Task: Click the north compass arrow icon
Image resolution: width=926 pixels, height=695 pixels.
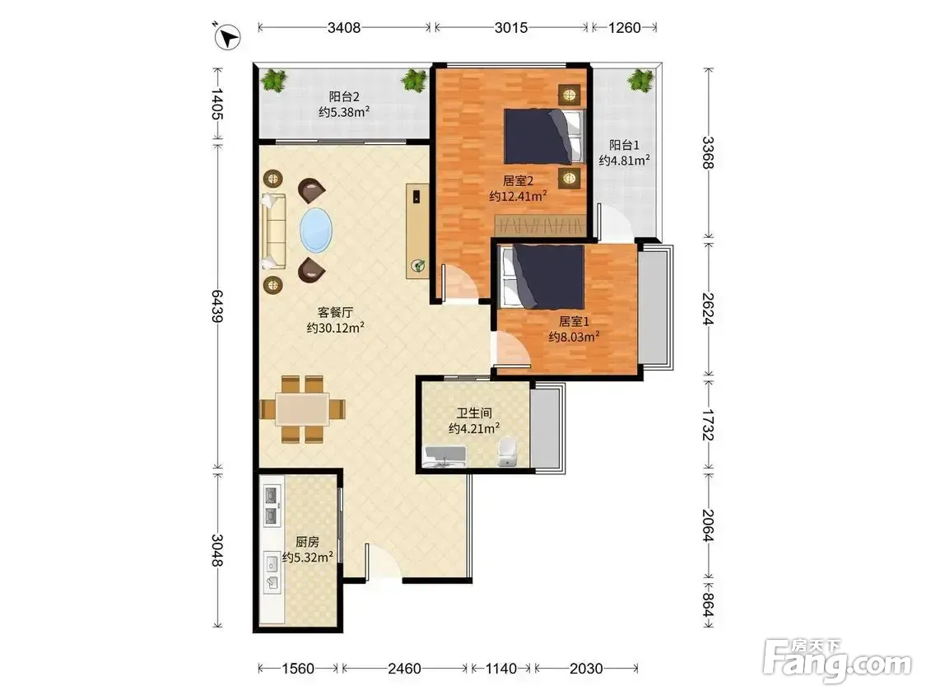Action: (x=227, y=36)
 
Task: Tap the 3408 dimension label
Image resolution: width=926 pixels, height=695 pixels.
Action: (x=344, y=27)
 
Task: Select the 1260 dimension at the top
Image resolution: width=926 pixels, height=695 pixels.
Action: (x=624, y=27)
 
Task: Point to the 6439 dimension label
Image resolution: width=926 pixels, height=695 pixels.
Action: (x=217, y=306)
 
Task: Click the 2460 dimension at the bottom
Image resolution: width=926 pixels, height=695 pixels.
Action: (x=404, y=669)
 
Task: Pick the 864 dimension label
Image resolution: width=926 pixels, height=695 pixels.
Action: (x=708, y=605)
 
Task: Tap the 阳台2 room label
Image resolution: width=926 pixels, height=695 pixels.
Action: (x=344, y=96)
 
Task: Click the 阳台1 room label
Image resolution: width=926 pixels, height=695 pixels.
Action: (x=624, y=145)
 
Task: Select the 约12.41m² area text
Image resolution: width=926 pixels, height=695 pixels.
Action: (x=518, y=196)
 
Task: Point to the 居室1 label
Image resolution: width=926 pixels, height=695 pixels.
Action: (x=574, y=321)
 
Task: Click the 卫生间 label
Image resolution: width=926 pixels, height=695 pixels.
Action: (x=474, y=413)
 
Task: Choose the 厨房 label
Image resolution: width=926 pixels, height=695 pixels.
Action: (x=307, y=541)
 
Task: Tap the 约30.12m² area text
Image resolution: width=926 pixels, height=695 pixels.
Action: (x=336, y=328)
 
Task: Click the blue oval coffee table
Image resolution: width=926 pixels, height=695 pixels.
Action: (x=316, y=230)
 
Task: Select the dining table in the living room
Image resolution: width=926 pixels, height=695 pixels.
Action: (x=302, y=409)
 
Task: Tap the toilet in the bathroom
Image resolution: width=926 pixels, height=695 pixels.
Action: (x=507, y=452)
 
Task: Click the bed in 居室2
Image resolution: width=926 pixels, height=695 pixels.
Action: (x=544, y=137)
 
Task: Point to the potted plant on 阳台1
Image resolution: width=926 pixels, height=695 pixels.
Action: (x=640, y=80)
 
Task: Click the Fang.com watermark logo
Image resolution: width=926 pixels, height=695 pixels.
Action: (x=836, y=660)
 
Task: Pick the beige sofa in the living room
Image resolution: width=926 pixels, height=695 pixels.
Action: (x=273, y=231)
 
